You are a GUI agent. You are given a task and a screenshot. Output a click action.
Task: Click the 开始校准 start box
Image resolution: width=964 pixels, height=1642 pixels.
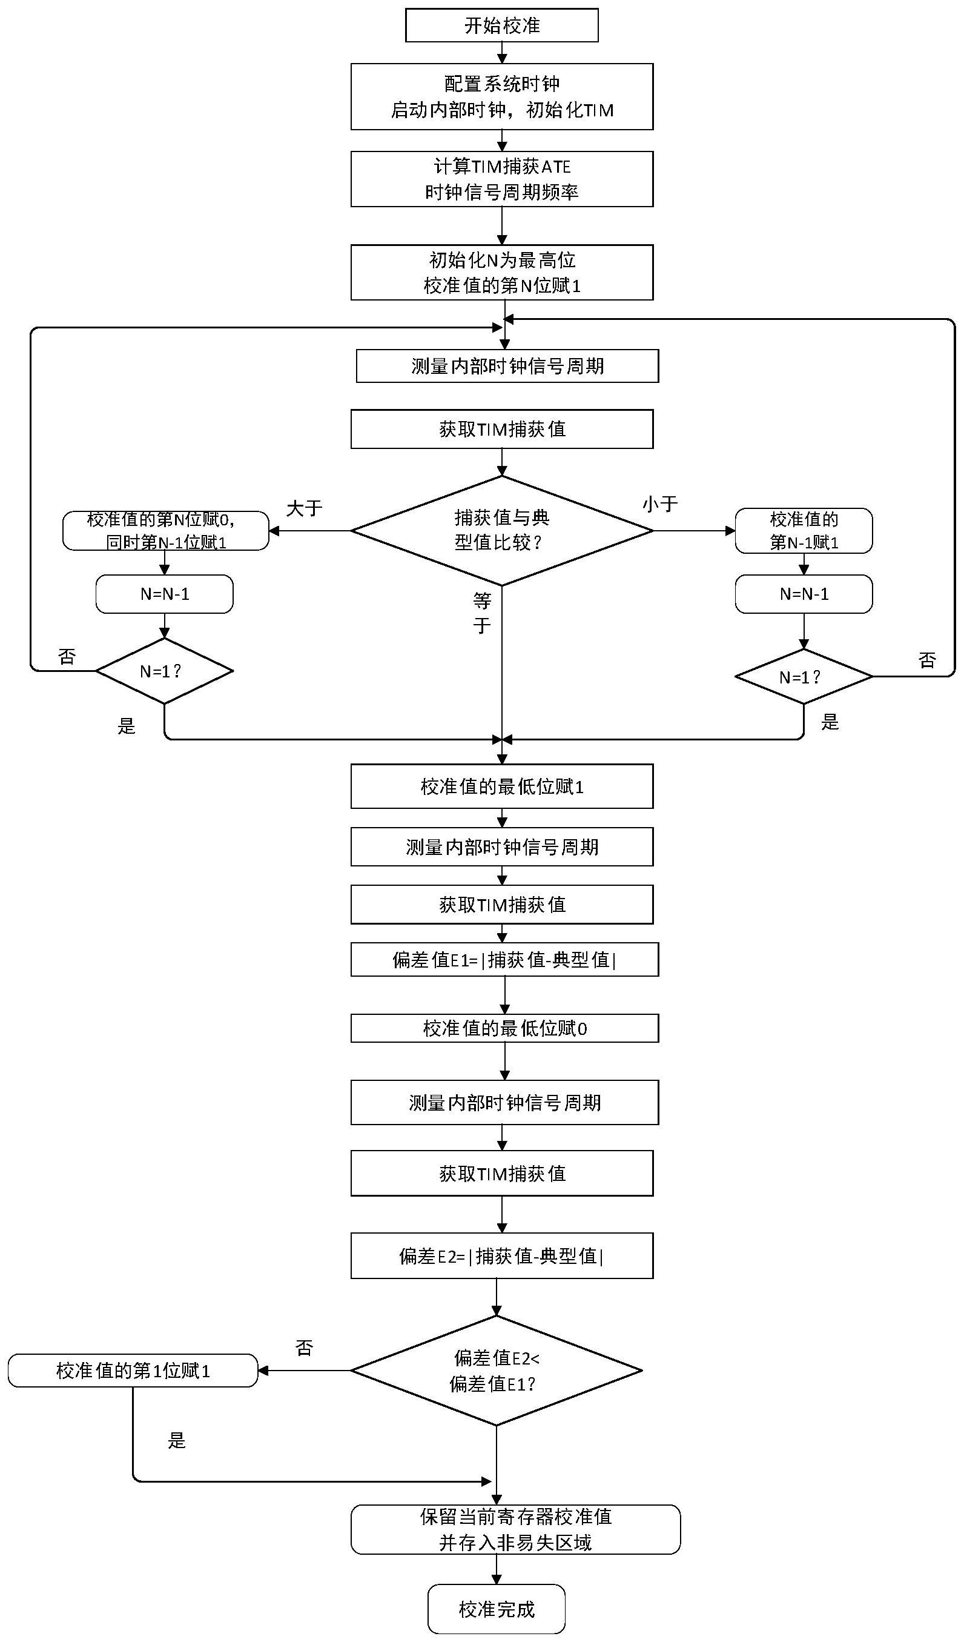pyautogui.click(x=501, y=25)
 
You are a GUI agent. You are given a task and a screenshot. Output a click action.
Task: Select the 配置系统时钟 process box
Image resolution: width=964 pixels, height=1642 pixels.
pyautogui.click(x=501, y=96)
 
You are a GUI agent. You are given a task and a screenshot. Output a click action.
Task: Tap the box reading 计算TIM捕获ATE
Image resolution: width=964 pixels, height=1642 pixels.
pyautogui.click(x=501, y=179)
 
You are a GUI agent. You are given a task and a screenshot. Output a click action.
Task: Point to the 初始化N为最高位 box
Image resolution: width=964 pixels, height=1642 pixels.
pyautogui.click(x=501, y=273)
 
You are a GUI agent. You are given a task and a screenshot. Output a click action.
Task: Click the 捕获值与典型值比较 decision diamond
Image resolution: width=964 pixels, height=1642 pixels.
pyautogui.click(x=501, y=530)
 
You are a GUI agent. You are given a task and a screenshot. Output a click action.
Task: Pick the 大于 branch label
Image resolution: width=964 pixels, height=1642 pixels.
pyautogui.click(x=304, y=508)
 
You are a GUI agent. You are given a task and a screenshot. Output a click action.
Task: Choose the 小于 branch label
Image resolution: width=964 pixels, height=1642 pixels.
pyautogui.click(x=660, y=504)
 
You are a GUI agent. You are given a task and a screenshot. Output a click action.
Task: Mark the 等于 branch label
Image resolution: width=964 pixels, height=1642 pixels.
pyautogui.click(x=482, y=613)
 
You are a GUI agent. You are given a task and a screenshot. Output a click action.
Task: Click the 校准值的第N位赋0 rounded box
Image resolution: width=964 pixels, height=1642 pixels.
pyautogui.click(x=165, y=530)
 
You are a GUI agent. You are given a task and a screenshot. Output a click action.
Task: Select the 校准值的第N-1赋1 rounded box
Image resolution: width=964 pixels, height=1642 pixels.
pyautogui.click(x=803, y=530)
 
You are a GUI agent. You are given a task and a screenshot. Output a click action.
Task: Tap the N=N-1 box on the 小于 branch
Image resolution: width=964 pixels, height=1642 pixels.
pyautogui.click(x=803, y=594)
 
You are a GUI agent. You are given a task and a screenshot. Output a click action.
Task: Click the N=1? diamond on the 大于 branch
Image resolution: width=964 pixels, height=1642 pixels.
pyautogui.click(x=164, y=671)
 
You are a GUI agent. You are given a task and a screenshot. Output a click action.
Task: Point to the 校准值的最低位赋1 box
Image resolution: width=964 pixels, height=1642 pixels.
pyautogui.click(x=501, y=786)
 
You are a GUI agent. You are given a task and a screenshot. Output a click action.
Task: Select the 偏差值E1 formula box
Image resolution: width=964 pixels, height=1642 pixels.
pyautogui.click(x=504, y=959)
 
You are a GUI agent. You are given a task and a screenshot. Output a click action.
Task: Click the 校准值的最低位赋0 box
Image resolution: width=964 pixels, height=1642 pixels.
pyautogui.click(x=504, y=1028)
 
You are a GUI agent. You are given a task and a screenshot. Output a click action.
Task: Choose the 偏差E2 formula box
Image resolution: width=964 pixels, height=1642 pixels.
pyautogui.click(x=501, y=1255)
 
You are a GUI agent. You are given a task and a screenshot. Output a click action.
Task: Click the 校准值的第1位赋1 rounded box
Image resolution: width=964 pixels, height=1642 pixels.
pyautogui.click(x=133, y=1371)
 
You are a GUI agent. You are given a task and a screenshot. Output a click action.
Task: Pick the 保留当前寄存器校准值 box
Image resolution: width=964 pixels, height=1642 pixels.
pyautogui.click(x=515, y=1529)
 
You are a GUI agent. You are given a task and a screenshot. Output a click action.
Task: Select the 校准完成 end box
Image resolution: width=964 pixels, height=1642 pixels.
pyautogui.click(x=497, y=1609)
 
